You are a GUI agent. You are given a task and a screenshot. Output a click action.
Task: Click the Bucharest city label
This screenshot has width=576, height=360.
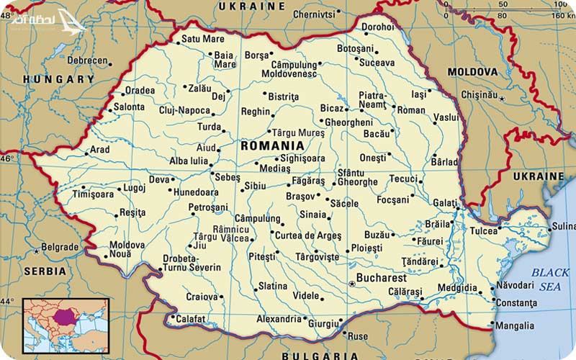coord(382,278)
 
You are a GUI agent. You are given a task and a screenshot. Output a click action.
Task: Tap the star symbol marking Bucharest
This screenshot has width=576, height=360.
coord(352,284)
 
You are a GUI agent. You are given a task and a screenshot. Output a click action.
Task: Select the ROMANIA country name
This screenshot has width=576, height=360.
coord(272,145)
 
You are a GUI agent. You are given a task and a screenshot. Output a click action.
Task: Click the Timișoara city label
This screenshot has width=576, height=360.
coord(93,194)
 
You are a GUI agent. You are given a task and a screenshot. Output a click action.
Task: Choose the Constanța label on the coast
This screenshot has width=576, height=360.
coord(517,302)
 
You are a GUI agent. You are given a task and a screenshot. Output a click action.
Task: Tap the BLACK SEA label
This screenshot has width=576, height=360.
coord(550,279)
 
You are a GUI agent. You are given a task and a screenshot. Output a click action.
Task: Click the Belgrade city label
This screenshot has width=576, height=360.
coord(60,247)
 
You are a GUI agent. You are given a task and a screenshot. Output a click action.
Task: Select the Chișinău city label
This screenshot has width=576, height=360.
coord(479,94)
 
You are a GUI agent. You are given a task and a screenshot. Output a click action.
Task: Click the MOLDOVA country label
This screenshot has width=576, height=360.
coord(472,72)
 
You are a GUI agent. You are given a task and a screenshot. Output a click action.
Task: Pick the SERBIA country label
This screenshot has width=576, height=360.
coord(44,271)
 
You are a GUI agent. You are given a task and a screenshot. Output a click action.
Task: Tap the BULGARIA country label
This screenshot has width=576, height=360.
coord(320,355)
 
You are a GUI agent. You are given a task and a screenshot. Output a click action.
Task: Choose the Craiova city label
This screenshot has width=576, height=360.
coord(202,296)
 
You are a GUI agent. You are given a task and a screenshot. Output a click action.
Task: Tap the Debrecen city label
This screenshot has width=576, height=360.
coord(87,61)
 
